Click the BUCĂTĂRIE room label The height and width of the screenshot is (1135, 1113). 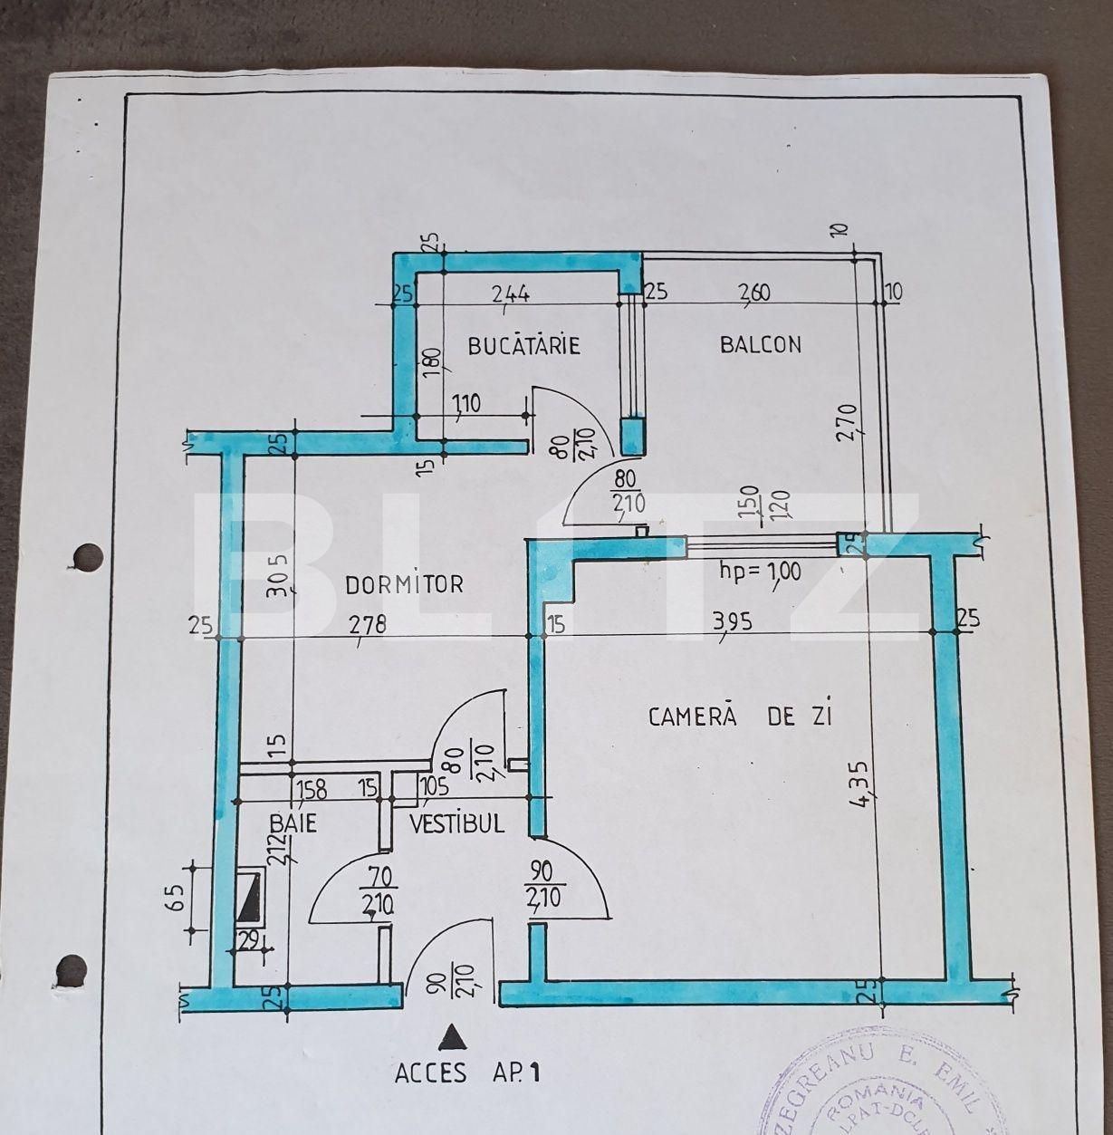(x=523, y=345)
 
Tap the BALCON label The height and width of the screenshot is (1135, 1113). (x=761, y=344)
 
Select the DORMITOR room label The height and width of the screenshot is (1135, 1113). (x=404, y=584)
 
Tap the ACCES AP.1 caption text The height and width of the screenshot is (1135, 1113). (x=467, y=1073)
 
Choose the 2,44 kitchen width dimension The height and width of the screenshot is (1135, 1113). (x=511, y=293)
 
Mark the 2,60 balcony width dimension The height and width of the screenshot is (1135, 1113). (x=755, y=293)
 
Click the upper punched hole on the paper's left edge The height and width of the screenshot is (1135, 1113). (x=87, y=555)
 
